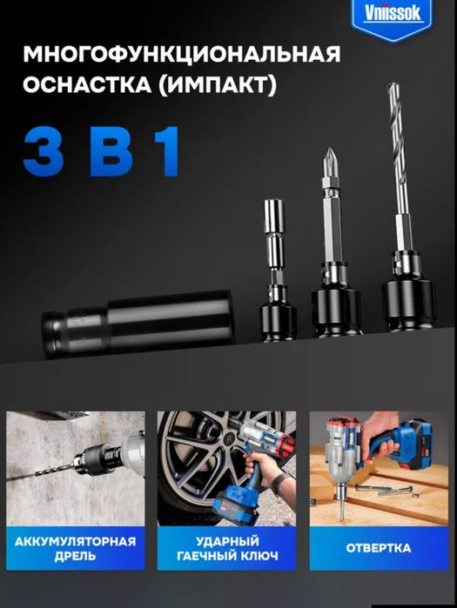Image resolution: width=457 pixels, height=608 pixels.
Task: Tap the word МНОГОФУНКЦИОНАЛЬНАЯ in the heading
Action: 182,54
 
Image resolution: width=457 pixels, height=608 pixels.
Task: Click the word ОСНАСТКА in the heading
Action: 87,84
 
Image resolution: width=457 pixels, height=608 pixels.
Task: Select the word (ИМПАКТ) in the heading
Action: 218,85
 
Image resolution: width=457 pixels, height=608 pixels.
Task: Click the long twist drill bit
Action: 399,155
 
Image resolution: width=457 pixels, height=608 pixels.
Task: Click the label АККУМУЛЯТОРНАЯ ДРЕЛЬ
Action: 75,548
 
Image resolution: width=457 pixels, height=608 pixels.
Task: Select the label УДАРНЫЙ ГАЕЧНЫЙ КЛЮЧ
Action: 227,548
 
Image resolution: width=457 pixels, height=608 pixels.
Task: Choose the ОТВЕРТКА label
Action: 379,548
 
